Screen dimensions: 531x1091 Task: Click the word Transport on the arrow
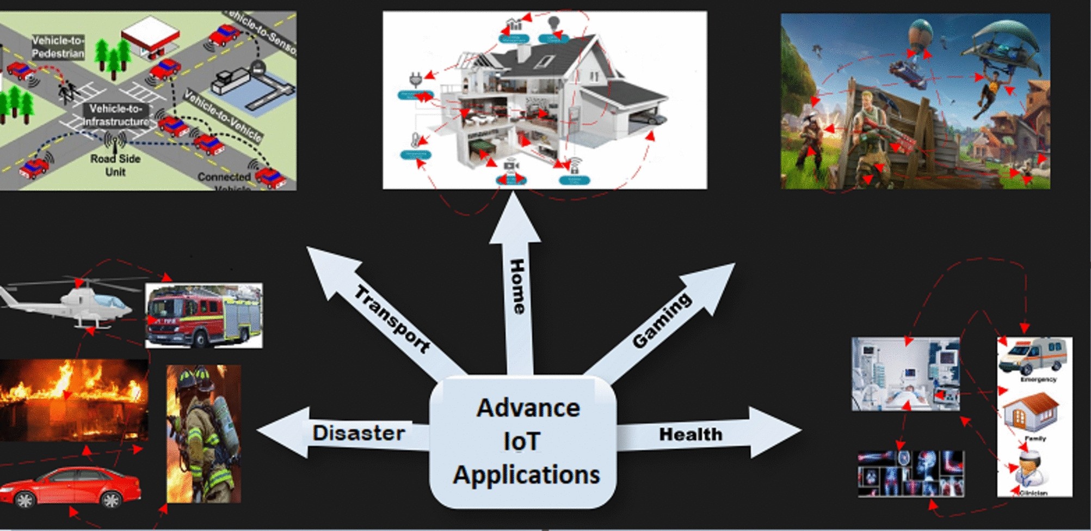pyautogui.click(x=392, y=319)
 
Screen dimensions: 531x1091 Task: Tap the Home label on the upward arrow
pyautogui.click(x=517, y=286)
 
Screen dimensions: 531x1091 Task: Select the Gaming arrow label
pyautogui.click(x=662, y=320)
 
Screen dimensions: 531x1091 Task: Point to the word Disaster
pyautogui.click(x=359, y=433)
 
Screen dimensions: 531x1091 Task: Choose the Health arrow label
pyautogui.click(x=691, y=434)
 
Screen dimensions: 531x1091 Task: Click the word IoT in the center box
pyautogui.click(x=522, y=441)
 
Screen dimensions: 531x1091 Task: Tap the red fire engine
pyautogui.click(x=204, y=316)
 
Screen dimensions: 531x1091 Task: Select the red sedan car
pyautogui.click(x=71, y=486)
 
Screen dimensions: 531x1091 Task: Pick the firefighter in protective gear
pyautogui.click(x=204, y=433)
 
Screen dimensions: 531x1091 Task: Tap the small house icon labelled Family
pyautogui.click(x=1030, y=412)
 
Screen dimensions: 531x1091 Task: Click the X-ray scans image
pyautogui.click(x=910, y=473)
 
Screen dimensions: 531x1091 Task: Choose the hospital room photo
pyautogui.click(x=905, y=374)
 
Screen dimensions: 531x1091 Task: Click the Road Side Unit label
pyautogui.click(x=115, y=165)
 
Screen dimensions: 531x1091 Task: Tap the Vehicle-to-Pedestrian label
pyautogui.click(x=58, y=47)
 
